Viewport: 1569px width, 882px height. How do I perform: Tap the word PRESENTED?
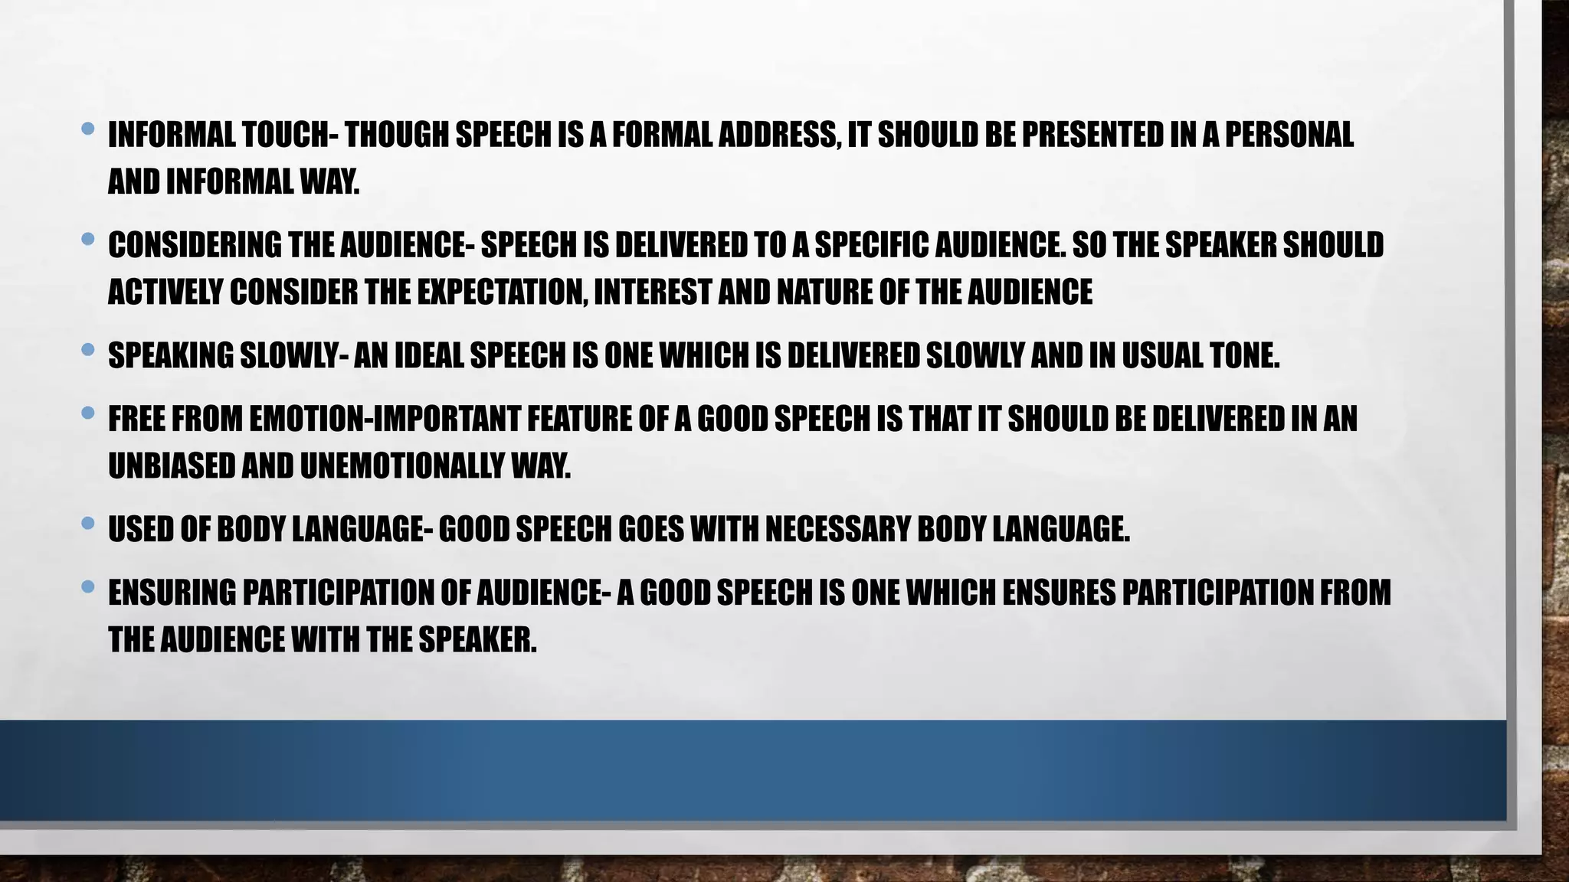point(1092,135)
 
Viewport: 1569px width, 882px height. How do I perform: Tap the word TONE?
point(1244,356)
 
